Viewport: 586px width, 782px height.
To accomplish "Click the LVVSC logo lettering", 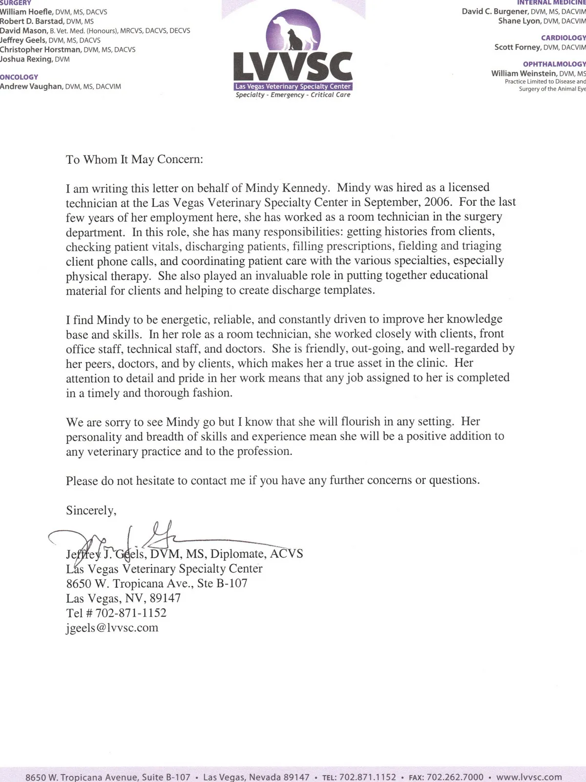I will pyautogui.click(x=293, y=67).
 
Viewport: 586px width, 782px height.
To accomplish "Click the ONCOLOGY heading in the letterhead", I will pyautogui.click(x=19, y=77).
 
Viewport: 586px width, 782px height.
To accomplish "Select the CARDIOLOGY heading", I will pyautogui.click(x=563, y=38).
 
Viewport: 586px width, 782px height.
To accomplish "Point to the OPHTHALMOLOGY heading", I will pyautogui.click(x=554, y=64).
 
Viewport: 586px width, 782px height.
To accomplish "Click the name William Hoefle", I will pyautogui.click(x=23, y=12).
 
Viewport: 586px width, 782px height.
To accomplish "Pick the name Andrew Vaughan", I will pyautogui.click(x=31, y=87).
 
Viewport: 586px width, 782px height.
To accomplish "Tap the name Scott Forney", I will pyautogui.click(x=517, y=47).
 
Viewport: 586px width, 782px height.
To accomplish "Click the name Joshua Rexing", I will pyautogui.click(x=25, y=59).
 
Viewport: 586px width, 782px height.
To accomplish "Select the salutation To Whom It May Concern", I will pyautogui.click(x=134, y=160).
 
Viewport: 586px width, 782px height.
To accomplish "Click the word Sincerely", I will pyautogui.click(x=91, y=511).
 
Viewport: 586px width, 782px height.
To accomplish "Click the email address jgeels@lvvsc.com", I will pyautogui.click(x=112, y=628).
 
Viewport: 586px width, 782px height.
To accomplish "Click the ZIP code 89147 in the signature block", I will pyautogui.click(x=166, y=598).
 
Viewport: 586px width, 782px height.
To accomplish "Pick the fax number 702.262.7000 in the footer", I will pyautogui.click(x=455, y=777).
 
